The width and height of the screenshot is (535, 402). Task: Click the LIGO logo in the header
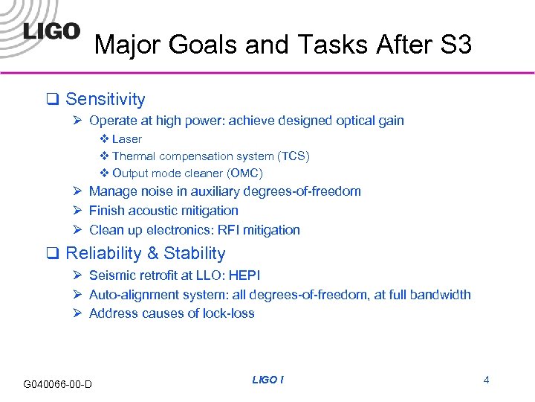tap(51, 31)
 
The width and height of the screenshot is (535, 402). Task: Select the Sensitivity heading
tap(105, 99)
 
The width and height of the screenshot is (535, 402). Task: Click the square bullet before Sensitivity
tap(53, 100)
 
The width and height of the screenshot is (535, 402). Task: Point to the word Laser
tap(126, 139)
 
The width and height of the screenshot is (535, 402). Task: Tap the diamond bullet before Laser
tap(104, 139)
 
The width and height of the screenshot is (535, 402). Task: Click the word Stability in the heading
tap(195, 253)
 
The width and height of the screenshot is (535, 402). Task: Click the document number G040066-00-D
tap(58, 384)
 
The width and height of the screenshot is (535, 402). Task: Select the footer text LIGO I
tap(267, 380)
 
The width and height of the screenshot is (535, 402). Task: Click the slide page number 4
tap(486, 380)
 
